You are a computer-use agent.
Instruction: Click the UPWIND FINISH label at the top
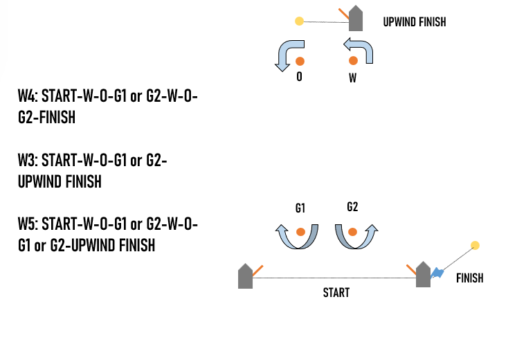(414, 22)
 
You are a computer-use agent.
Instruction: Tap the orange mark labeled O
(300, 60)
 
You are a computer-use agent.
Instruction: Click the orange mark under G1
(300, 232)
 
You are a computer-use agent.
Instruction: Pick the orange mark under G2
(352, 232)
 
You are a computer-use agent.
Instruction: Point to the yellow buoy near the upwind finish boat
(299, 21)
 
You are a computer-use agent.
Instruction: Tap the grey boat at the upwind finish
(356, 19)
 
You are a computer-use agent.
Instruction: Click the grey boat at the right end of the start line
(423, 276)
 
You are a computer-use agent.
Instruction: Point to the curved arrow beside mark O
(284, 55)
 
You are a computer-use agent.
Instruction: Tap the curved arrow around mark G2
(355, 237)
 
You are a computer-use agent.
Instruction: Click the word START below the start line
(336, 292)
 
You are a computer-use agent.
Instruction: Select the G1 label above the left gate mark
(300, 208)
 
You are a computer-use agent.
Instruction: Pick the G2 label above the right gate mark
(352, 207)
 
